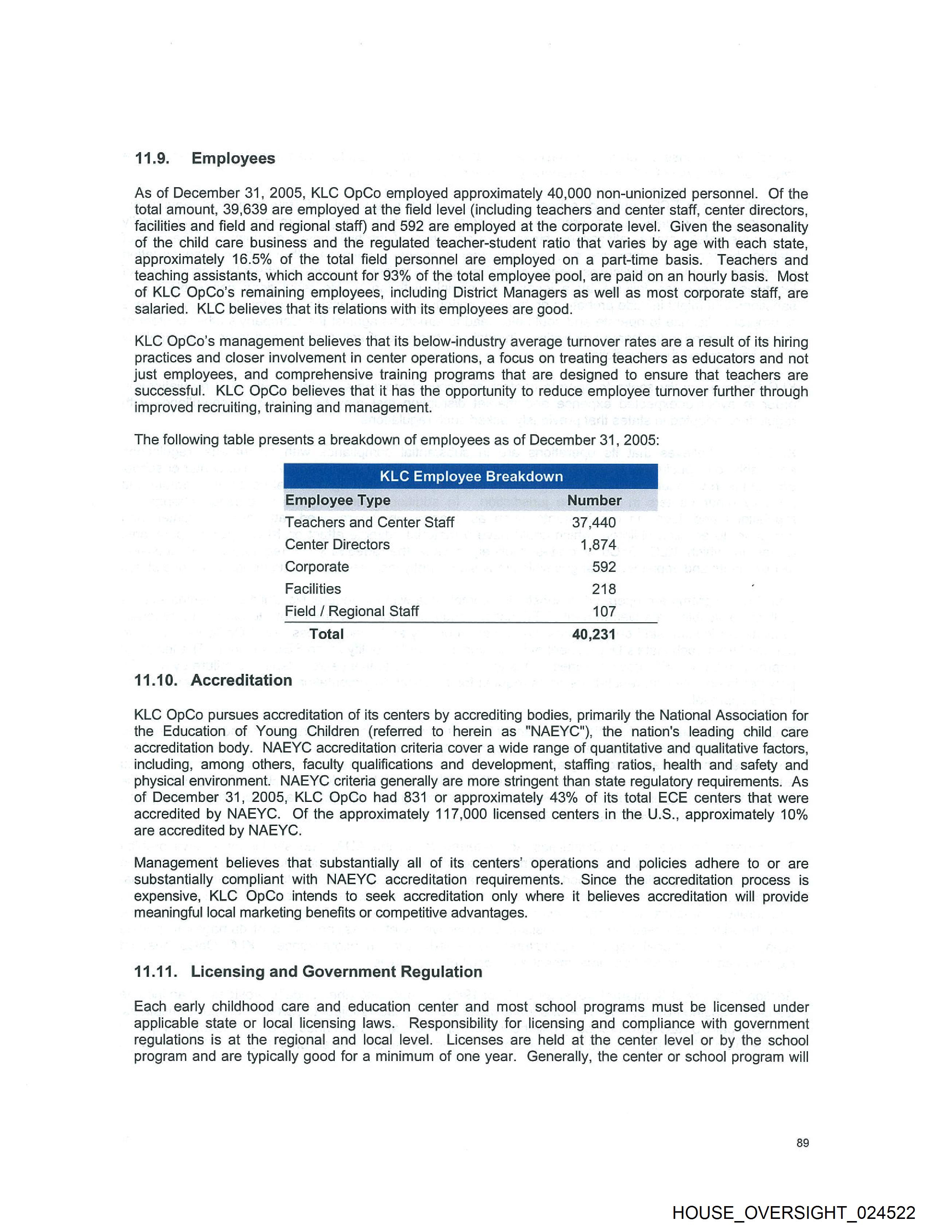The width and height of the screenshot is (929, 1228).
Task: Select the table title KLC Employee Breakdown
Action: [471, 476]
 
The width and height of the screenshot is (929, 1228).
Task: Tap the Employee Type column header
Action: [337, 500]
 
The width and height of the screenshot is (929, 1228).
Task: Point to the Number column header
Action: [594, 500]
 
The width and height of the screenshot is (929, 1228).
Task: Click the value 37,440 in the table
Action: [594, 522]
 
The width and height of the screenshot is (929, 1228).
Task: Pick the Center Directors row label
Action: [337, 545]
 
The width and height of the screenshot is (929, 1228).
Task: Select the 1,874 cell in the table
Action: [598, 545]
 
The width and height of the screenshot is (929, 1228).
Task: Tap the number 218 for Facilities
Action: [603, 589]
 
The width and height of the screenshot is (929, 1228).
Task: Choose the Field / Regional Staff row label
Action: [351, 611]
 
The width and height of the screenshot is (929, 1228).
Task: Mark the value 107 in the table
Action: [604, 611]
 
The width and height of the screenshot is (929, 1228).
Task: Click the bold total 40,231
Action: [594, 634]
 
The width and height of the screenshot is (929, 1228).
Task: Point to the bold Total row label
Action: [326, 634]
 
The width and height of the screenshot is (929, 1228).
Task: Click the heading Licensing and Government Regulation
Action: [336, 971]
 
